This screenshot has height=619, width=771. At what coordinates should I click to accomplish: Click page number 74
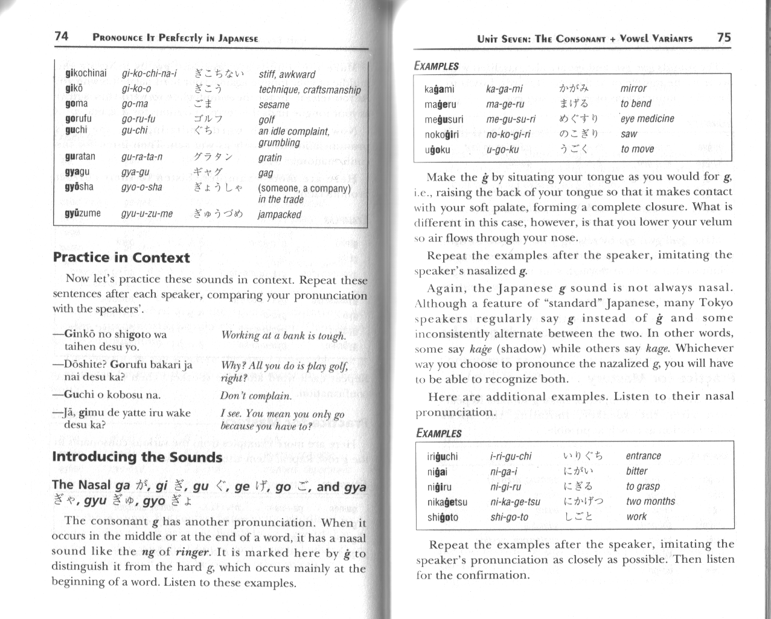click(x=61, y=36)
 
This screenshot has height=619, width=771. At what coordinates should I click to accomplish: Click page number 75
click(x=724, y=37)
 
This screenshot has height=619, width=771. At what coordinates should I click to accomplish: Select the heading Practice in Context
click(x=121, y=258)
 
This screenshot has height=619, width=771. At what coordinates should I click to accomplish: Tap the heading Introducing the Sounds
click(x=137, y=457)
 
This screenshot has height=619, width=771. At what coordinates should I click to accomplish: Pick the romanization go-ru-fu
click(x=138, y=118)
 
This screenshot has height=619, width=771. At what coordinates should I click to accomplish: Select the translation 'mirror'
click(x=633, y=88)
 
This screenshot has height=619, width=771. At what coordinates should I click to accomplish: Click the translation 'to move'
click(x=637, y=149)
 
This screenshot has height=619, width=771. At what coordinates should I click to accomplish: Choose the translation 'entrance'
click(x=643, y=456)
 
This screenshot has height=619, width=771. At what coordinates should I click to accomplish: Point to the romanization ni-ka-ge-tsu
click(x=515, y=501)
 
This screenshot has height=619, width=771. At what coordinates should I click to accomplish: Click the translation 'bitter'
click(x=636, y=471)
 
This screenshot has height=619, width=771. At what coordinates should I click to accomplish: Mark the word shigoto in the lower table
click(x=443, y=517)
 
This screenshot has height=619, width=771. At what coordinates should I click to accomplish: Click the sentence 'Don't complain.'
click(x=256, y=396)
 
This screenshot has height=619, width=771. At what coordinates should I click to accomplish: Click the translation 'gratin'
click(x=270, y=158)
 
